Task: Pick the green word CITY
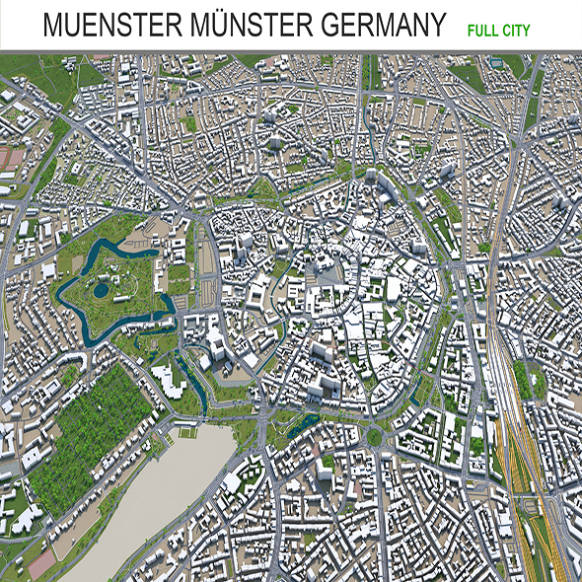[x=515, y=31]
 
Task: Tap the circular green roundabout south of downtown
[x=374, y=436]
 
